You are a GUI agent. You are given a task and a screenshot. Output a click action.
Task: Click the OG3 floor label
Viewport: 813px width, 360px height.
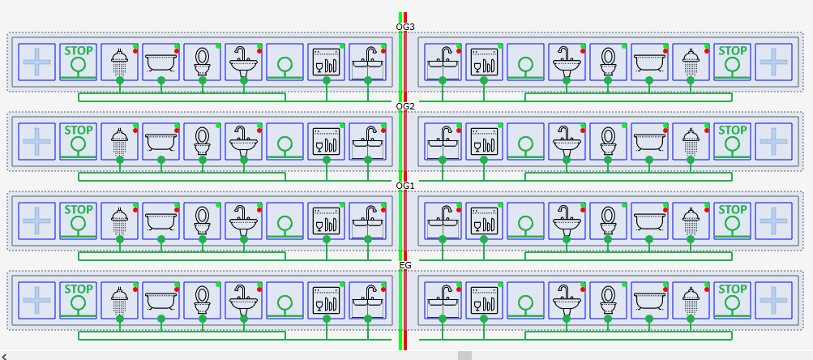405,27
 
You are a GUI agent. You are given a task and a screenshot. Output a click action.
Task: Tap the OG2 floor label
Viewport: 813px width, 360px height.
405,106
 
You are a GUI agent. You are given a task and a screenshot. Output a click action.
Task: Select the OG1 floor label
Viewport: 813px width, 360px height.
405,186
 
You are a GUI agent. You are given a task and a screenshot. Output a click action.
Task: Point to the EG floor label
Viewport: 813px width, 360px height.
405,265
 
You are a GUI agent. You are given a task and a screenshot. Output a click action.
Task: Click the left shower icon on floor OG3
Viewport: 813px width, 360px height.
120,62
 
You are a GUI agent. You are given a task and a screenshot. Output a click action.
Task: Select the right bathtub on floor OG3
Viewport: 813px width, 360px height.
649,62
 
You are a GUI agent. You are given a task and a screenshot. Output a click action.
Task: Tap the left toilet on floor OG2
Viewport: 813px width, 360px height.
202,141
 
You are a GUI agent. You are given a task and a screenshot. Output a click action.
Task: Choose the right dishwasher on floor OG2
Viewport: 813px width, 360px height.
484,141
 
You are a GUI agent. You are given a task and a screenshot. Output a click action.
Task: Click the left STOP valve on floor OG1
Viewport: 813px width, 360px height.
79,221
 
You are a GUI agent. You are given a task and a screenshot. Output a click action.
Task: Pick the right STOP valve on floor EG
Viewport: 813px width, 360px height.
732,300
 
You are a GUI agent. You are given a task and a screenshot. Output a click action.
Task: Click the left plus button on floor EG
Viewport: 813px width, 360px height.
36,300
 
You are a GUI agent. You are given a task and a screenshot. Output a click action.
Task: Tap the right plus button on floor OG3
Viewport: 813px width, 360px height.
773,62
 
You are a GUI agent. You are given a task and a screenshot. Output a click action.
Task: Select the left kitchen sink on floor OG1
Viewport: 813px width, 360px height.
368,221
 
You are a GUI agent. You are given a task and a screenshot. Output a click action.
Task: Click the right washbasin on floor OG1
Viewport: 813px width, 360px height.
567,221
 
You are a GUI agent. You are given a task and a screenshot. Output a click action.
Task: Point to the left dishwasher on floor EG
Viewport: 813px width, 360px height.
326,300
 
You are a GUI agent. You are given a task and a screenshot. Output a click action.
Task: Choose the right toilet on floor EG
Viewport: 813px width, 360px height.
608,300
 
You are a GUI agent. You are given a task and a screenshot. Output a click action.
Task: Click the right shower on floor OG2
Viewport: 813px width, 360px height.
691,141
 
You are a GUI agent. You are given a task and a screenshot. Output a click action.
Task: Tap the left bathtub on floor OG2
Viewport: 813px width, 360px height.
160,141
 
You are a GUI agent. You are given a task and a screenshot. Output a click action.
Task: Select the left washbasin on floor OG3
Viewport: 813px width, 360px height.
244,62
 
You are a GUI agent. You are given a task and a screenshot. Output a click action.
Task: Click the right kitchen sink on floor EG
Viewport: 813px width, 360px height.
443,300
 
